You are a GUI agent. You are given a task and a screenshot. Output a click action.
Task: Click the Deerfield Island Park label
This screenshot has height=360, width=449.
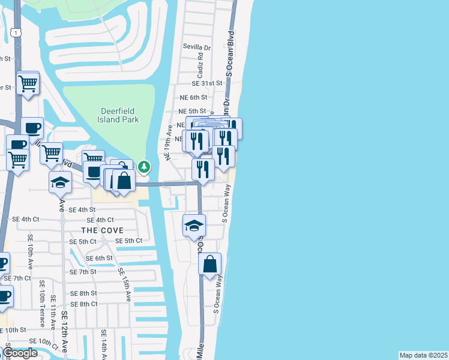[120, 115]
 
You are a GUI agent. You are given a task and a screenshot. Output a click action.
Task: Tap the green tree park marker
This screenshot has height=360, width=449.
[144, 167]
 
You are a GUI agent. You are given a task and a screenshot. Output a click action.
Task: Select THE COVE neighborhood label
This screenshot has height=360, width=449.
[103, 230]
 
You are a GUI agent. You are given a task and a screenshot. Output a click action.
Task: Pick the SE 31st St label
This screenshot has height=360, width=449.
[207, 83]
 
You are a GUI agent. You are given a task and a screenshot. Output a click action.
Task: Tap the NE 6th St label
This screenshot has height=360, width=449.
[193, 97]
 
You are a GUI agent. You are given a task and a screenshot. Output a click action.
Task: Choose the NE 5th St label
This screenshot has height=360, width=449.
[193, 111]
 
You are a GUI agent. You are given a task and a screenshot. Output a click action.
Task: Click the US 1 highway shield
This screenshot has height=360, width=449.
[14, 32]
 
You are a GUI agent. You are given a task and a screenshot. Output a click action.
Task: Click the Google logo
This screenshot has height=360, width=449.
[20, 353]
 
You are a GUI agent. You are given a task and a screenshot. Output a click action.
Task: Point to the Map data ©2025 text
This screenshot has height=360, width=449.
[423, 355]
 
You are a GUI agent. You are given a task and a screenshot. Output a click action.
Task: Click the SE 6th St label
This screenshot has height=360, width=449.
[99, 258]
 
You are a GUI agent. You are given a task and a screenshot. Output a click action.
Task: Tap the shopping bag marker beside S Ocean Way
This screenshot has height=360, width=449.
[210, 264]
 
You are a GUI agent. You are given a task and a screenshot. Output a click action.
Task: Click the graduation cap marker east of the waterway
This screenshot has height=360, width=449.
[194, 226]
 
